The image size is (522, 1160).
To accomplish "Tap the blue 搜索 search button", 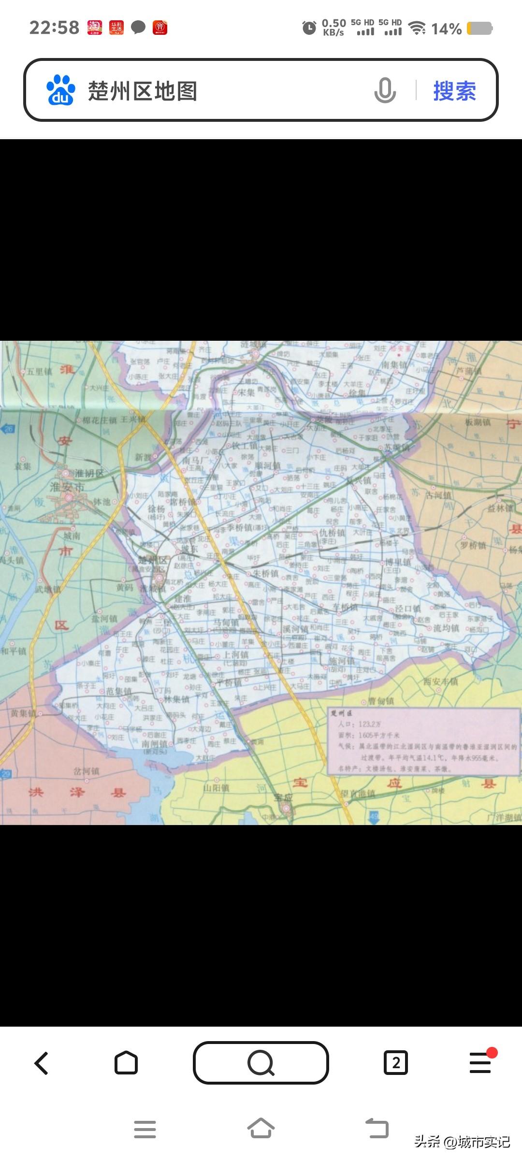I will click(454, 91).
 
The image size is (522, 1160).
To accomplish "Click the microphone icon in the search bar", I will click(385, 90).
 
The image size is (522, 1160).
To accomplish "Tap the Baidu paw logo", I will click(61, 90).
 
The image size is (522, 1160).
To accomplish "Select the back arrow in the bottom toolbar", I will click(42, 1063).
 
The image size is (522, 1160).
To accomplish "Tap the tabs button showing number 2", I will click(396, 1063).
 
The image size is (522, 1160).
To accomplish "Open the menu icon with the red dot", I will click(481, 1062).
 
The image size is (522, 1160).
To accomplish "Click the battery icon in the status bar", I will click(479, 29).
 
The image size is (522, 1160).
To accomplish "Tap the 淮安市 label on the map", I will click(67, 487).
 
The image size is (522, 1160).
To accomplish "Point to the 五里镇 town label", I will click(39, 372).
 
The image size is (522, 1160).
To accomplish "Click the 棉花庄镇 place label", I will click(99, 420).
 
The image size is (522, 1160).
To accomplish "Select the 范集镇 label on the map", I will click(119, 691).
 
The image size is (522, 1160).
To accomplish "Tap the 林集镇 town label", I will click(176, 699).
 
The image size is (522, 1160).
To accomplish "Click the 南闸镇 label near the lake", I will click(155, 744).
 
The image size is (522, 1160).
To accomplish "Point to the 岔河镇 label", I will click(87, 771).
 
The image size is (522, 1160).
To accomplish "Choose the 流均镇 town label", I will click(446, 628).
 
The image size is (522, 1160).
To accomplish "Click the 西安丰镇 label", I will click(440, 682).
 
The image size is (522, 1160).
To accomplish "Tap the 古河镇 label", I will click(438, 495).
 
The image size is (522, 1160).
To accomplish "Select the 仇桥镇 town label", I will click(332, 533).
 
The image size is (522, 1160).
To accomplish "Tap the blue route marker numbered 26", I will click(8, 428).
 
